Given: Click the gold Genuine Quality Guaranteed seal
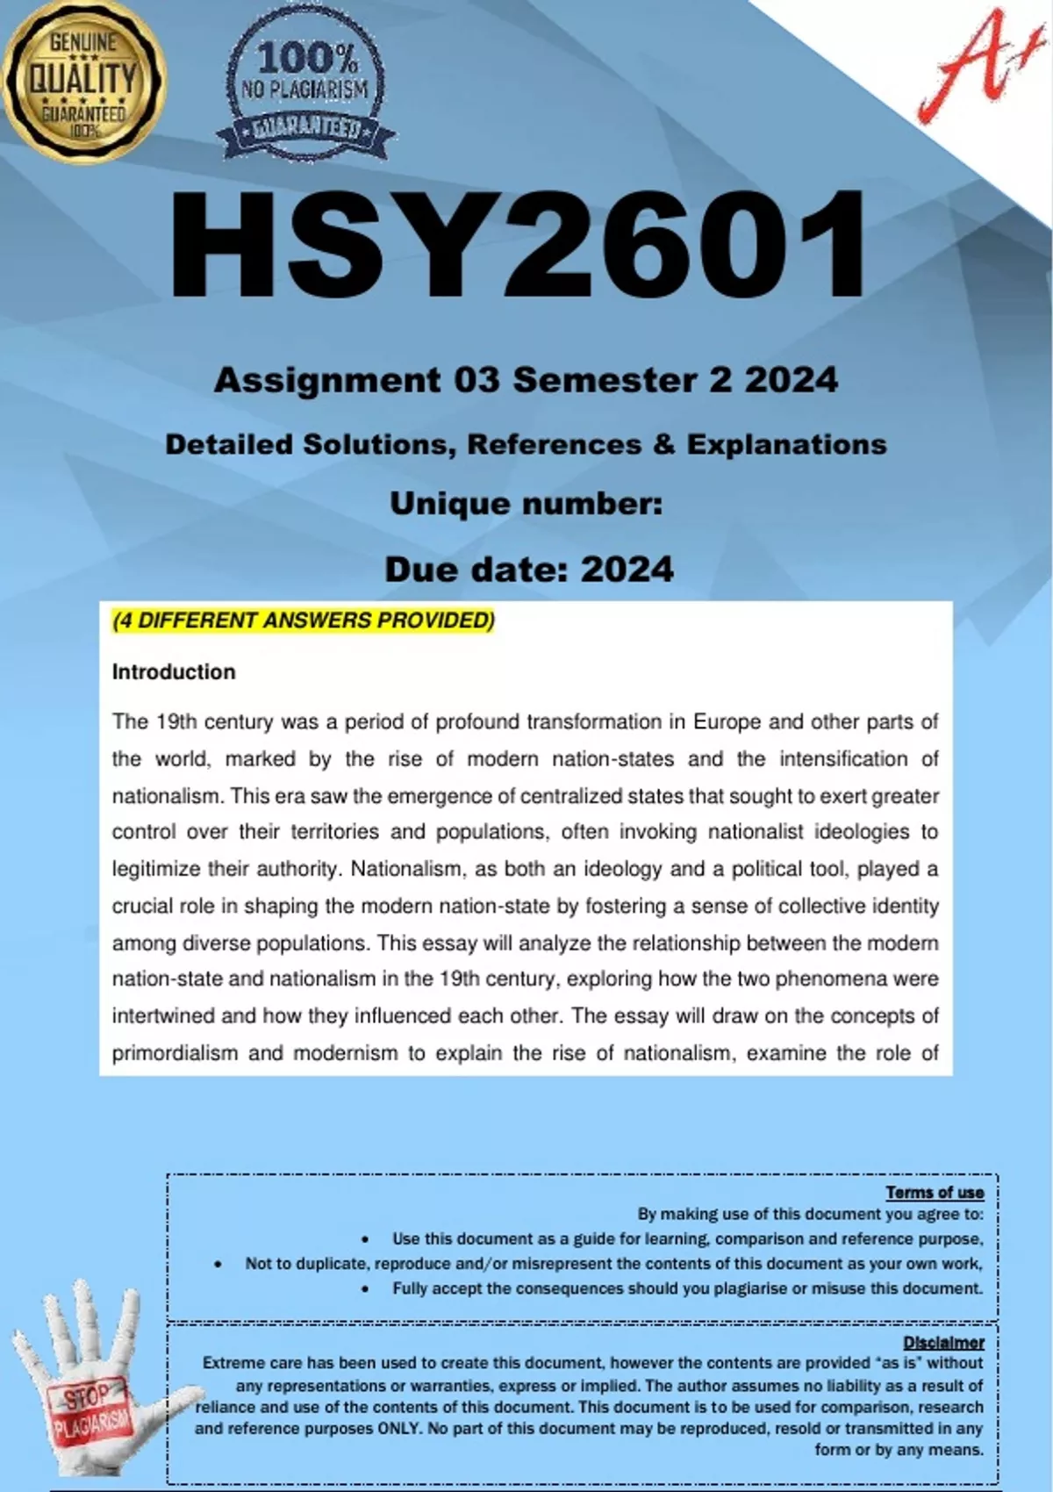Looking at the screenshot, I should (x=83, y=82).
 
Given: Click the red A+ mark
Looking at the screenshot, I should (x=971, y=66).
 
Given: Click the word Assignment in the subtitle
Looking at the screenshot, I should (x=327, y=381).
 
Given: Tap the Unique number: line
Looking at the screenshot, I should (x=526, y=504).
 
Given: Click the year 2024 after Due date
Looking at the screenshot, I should (x=627, y=570).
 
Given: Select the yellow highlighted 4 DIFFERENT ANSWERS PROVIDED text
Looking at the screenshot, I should (x=304, y=620).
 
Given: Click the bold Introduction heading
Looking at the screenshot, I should (x=174, y=672).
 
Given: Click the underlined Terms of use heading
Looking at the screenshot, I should (x=935, y=1192).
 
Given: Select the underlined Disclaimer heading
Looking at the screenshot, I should (x=943, y=1342).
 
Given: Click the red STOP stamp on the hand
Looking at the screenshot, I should (x=87, y=1396).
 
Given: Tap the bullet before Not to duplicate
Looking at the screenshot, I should (x=218, y=1264).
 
